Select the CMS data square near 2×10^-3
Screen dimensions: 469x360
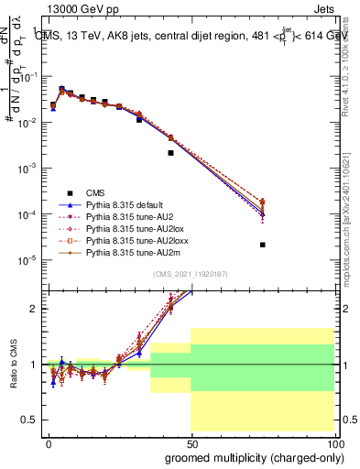[170, 153]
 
